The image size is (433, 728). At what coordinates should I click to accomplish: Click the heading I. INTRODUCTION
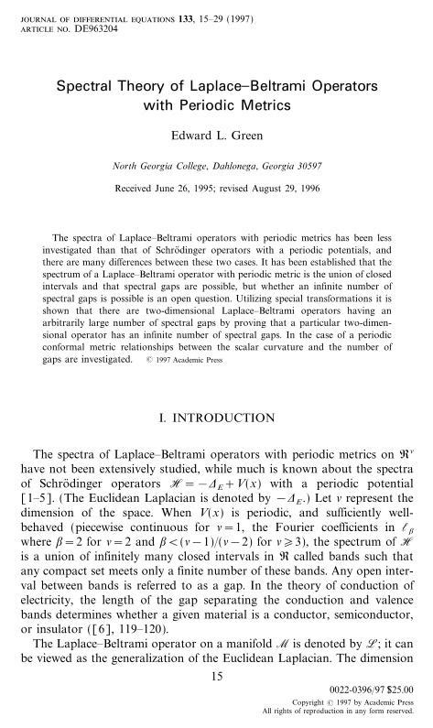[217, 421]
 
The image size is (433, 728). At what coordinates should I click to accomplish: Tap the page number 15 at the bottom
[217, 676]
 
